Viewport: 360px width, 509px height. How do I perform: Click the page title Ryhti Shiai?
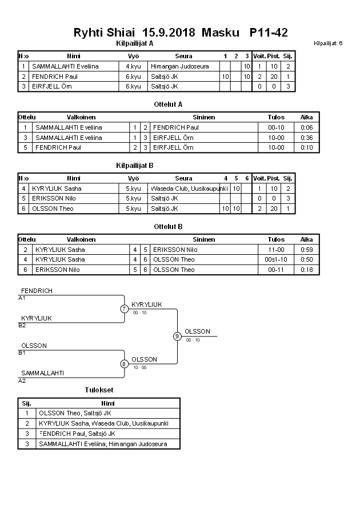click(106, 33)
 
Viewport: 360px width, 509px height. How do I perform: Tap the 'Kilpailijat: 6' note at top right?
click(328, 43)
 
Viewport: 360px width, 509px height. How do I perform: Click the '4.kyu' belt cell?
click(134, 66)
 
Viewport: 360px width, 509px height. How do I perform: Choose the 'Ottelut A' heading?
click(168, 105)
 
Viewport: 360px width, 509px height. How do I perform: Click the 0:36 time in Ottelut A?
click(306, 138)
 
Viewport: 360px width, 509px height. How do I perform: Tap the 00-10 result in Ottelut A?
click(276, 127)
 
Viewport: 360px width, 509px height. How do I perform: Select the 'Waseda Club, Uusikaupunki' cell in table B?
click(189, 189)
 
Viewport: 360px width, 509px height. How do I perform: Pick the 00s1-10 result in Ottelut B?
click(276, 259)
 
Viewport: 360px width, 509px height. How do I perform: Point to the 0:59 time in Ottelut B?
click(306, 250)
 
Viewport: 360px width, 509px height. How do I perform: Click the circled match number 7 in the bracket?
click(124, 309)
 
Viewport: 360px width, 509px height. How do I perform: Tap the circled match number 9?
click(177, 336)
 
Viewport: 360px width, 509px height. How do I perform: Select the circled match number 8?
click(124, 363)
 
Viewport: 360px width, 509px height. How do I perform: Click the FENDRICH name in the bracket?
click(37, 291)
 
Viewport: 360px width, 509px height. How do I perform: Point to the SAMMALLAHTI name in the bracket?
click(42, 373)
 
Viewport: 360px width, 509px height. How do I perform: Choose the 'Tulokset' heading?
click(99, 390)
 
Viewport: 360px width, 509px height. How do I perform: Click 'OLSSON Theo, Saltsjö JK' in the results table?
click(75, 414)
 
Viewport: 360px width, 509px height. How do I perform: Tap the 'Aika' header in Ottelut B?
click(306, 239)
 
